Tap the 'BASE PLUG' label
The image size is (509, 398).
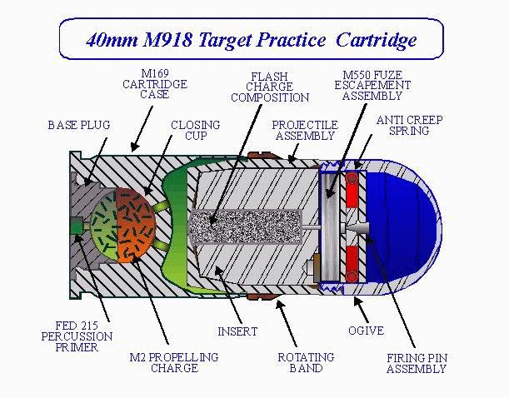point(78,126)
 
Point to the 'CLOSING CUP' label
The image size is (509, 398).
point(195,131)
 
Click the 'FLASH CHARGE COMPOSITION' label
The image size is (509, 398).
point(269,87)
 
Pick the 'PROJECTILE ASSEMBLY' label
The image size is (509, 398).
point(305,131)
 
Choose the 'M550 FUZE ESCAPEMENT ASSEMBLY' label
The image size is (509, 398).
point(372,84)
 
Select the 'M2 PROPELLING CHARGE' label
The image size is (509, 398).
point(173,362)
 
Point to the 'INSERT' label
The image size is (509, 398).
point(237,331)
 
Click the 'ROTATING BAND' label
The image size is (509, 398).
point(306,362)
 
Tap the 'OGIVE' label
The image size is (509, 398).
point(367,331)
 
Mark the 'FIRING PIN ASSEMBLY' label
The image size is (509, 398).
point(417,363)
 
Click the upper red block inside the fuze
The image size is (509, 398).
point(355,191)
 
